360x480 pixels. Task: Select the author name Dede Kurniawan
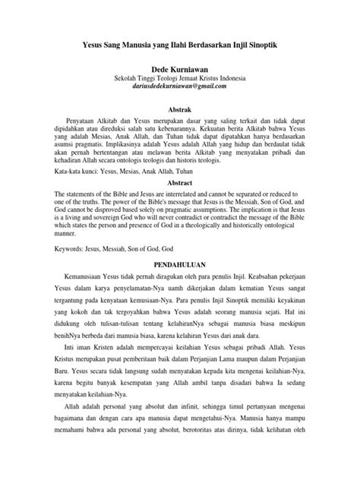pyautogui.click(x=180, y=68)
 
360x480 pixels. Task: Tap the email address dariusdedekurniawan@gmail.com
pyautogui.click(x=180, y=87)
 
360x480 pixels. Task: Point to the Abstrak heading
pyautogui.click(x=180, y=109)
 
